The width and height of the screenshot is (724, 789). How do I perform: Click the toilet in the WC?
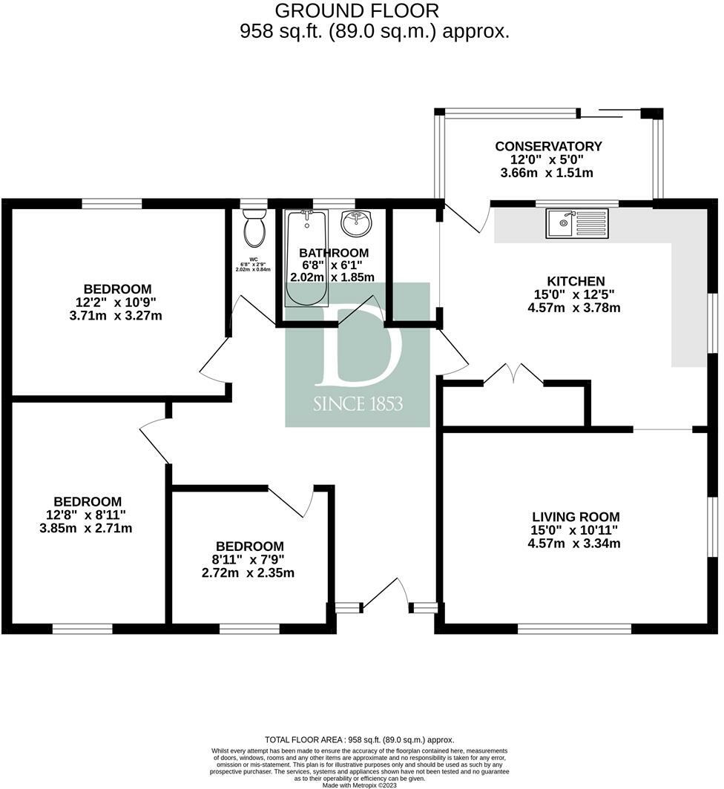pos(254,228)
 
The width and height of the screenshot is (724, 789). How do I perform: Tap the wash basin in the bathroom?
pos(357,222)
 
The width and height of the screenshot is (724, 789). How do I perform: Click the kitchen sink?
pos(576,223)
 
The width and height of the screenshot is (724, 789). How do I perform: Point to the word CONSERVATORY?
pos(548,146)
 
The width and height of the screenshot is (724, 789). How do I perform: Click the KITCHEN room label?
pos(576,281)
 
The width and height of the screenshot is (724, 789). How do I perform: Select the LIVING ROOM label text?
pos(576,517)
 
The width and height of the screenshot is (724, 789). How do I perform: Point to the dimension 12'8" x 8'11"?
pos(86,515)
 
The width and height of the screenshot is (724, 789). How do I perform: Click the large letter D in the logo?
pos(358,349)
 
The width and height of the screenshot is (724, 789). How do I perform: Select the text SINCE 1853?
pos(358,404)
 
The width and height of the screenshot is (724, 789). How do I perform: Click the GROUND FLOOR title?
pos(357,10)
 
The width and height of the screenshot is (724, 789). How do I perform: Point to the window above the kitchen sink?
pos(576,203)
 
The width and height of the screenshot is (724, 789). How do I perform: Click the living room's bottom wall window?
pos(574,629)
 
